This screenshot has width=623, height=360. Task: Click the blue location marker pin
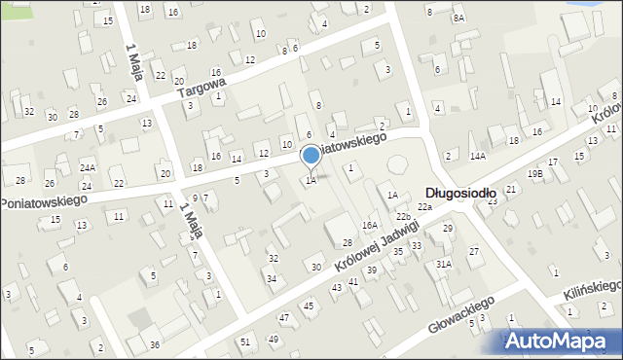tap(311, 156)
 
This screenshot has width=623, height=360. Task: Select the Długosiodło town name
tap(460, 194)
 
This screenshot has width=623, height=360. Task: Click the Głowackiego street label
tap(461, 314)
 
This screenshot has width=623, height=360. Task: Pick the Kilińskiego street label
tap(592, 288)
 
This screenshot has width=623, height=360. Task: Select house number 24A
tap(88, 168)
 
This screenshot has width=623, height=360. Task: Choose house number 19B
tap(535, 174)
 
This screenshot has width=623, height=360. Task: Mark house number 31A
tap(444, 265)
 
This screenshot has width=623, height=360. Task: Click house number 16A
tap(370, 225)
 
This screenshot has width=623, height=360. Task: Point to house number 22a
tap(424, 207)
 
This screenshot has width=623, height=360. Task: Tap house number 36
tap(154, 345)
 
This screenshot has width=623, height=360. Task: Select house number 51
tap(245, 342)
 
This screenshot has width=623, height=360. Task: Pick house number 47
tap(284, 318)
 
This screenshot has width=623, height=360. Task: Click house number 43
tap(337, 288)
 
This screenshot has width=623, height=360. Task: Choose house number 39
tap(371, 270)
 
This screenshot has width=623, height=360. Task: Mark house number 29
tap(448, 229)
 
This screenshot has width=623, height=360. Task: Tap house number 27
tap(474, 252)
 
